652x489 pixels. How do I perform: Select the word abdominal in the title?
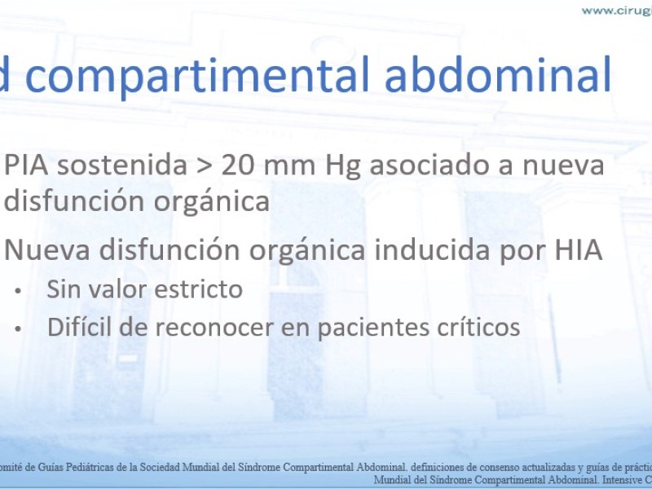tap(498, 74)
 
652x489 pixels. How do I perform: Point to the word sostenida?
tap(122, 165)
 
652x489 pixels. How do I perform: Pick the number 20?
tap(238, 165)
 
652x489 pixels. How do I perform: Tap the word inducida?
tap(433, 249)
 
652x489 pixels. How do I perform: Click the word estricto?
tap(198, 289)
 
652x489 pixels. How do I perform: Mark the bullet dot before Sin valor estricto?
tap(17, 291)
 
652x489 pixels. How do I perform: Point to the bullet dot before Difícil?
tap(17, 329)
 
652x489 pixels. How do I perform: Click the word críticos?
tap(478, 328)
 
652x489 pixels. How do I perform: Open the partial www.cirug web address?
tap(617, 11)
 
